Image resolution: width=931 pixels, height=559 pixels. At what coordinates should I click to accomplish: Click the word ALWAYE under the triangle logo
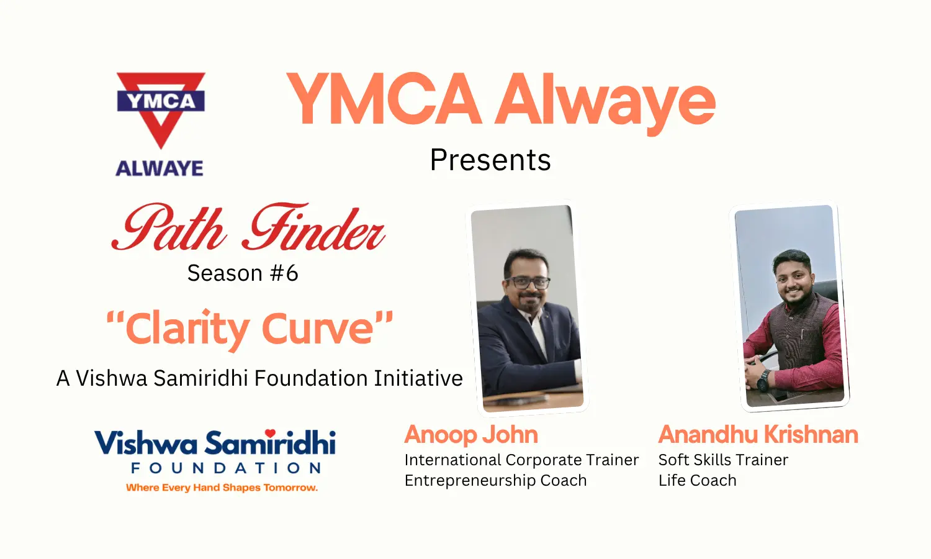click(x=160, y=168)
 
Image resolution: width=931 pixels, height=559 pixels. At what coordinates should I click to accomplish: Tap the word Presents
click(x=490, y=160)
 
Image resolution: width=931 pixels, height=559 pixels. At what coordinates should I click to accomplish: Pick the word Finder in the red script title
click(x=314, y=227)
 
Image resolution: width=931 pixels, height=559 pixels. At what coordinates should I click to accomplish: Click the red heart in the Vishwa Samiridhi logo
click(x=271, y=433)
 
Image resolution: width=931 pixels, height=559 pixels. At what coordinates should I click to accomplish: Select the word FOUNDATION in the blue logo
click(x=226, y=468)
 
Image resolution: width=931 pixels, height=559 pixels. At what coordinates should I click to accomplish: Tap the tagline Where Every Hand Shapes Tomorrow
click(x=222, y=488)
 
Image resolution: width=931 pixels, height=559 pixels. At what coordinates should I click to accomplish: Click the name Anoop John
click(x=471, y=435)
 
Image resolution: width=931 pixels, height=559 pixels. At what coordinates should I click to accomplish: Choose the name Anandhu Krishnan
click(x=758, y=435)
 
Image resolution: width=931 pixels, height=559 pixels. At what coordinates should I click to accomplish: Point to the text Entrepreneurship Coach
click(x=495, y=480)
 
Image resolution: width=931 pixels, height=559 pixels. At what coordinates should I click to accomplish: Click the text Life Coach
click(x=698, y=480)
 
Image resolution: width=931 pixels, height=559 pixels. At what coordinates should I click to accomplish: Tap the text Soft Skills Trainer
click(x=723, y=460)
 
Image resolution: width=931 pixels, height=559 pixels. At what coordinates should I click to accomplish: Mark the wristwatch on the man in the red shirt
click(x=763, y=381)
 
